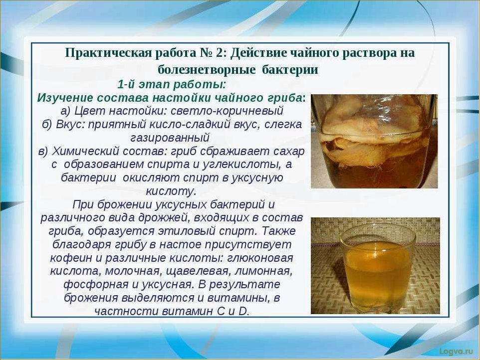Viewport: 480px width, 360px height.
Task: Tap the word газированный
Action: click(170, 137)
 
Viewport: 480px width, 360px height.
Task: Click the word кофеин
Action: click(68, 258)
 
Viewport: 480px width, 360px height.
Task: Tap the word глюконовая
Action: click(260, 258)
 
